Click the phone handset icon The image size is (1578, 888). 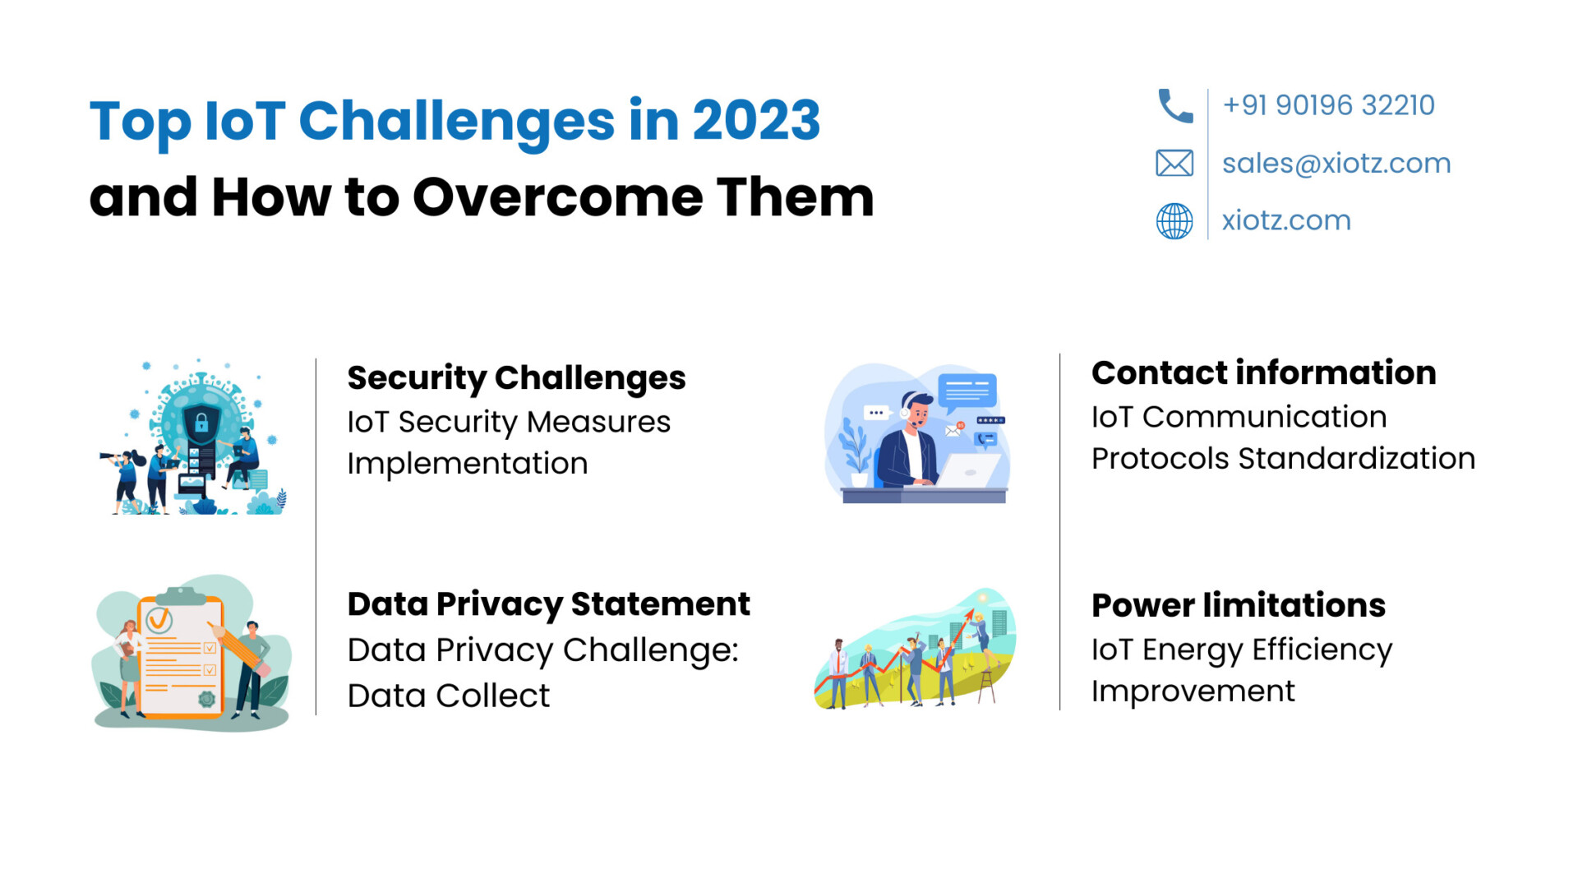(x=1174, y=106)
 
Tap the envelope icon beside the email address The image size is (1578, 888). (x=1174, y=164)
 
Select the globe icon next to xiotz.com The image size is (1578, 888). (x=1174, y=221)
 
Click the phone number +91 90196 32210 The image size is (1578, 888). (x=1328, y=105)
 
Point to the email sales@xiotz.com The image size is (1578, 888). (x=1336, y=164)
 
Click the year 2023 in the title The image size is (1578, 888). (x=756, y=120)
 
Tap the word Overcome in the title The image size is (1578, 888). (x=557, y=197)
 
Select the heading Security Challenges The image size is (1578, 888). (x=516, y=378)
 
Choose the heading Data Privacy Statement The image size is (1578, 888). (x=548, y=604)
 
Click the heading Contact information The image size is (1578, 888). (x=1263, y=372)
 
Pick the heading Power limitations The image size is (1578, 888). (x=1238, y=605)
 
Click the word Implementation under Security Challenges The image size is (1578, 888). (x=467, y=464)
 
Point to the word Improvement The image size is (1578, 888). (x=1193, y=691)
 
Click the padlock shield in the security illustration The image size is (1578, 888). (x=201, y=423)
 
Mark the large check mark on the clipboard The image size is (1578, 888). (x=159, y=618)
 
